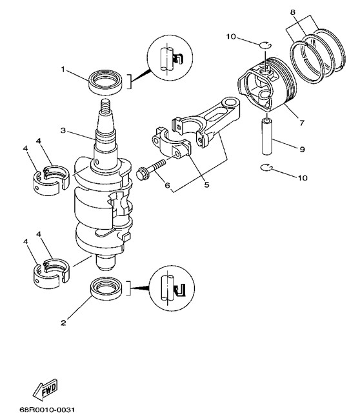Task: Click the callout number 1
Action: tap(63, 70)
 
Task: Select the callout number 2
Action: tap(63, 323)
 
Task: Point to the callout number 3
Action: tap(63, 130)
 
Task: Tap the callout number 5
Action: tap(207, 185)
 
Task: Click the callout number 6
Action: tap(168, 185)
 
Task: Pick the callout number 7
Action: tap(302, 123)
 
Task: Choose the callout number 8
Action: tap(293, 12)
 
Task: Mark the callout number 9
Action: tap(303, 149)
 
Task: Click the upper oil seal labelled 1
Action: tap(106, 83)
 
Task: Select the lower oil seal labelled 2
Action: tap(107, 290)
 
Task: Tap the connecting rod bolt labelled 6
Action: tap(151, 169)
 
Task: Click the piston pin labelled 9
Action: tap(267, 137)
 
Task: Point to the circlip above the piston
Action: tap(266, 45)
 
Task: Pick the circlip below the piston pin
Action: tap(266, 168)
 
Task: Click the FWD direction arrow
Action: tap(45, 390)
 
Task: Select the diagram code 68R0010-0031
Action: tap(47, 410)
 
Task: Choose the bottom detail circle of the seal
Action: tap(172, 288)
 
